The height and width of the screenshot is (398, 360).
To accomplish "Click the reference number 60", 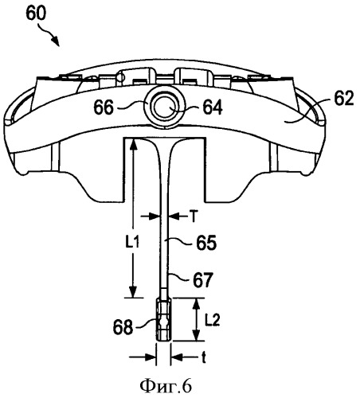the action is click(x=36, y=13).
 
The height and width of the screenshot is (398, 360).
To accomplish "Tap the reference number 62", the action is click(x=344, y=99).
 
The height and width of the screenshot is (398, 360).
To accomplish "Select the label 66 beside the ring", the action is click(x=104, y=107).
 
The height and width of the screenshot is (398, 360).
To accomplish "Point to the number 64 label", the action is click(x=213, y=107).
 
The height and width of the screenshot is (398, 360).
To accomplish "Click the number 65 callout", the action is click(x=206, y=243).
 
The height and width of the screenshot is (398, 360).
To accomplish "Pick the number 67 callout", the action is click(x=203, y=279).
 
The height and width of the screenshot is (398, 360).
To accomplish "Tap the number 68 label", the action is click(x=123, y=327).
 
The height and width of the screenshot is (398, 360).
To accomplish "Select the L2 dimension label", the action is click(x=213, y=321).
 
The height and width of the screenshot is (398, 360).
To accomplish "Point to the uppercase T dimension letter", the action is click(x=194, y=217).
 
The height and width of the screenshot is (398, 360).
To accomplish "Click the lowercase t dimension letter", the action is click(x=204, y=357).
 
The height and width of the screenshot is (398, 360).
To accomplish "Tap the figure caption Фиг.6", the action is click(x=166, y=387).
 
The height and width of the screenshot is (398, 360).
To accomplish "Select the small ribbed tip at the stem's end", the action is click(x=163, y=319).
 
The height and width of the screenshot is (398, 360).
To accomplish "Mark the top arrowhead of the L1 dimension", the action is click(x=134, y=145).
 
